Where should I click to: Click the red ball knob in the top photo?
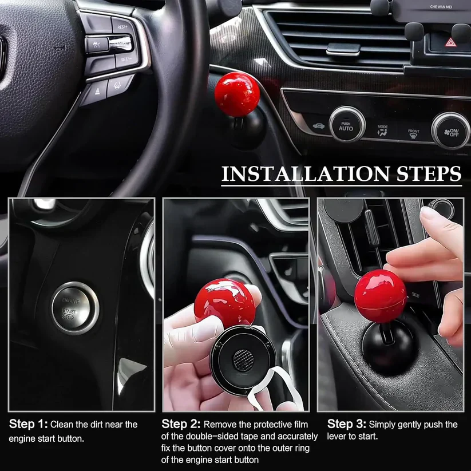[237, 94]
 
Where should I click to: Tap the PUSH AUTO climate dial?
[346, 125]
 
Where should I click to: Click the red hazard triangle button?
[450, 42]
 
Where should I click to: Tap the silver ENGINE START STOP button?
[74, 307]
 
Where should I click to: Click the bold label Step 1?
[27, 425]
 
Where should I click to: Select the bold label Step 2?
[181, 425]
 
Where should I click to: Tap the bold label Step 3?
[346, 425]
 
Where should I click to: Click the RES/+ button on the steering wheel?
[122, 27]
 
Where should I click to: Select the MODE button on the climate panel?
[382, 129]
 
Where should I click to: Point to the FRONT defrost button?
[413, 134]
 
